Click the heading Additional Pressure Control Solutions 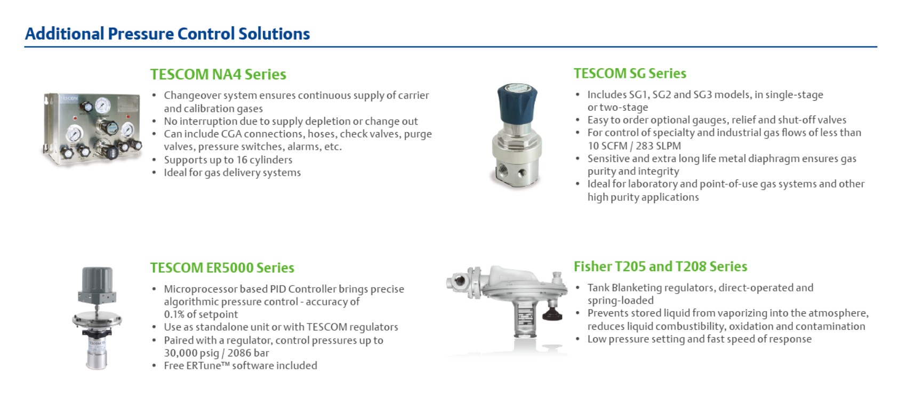(167, 34)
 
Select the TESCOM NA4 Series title (218, 75)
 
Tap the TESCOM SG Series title (630, 74)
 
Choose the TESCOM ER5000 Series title (222, 268)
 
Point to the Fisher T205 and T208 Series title (661, 267)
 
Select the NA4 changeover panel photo (93, 129)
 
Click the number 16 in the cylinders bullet (242, 160)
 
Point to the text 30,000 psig (191, 353)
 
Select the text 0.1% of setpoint (201, 314)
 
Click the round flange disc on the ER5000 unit (97, 320)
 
